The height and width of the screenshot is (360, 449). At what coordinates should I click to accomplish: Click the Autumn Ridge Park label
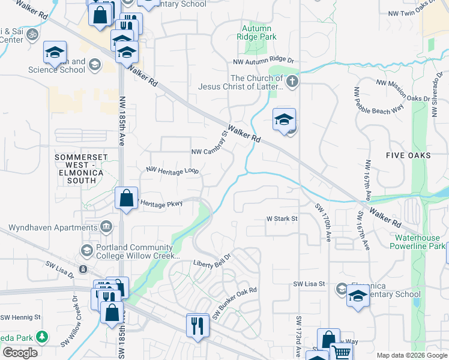click(x=257, y=32)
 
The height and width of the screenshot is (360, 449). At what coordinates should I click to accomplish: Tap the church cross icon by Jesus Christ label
click(x=292, y=82)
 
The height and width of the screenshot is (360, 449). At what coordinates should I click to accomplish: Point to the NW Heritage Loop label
click(x=172, y=170)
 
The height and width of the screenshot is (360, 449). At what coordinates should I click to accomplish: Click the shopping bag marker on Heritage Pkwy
click(x=126, y=199)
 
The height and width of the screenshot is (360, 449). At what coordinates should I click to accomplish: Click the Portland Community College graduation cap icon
click(x=86, y=250)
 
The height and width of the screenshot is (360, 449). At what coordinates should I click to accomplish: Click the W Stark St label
click(x=282, y=219)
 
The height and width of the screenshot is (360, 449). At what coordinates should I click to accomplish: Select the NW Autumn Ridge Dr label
click(x=264, y=61)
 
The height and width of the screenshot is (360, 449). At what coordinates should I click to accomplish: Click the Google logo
click(x=20, y=353)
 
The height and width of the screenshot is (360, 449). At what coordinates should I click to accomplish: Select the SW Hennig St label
click(x=20, y=317)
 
